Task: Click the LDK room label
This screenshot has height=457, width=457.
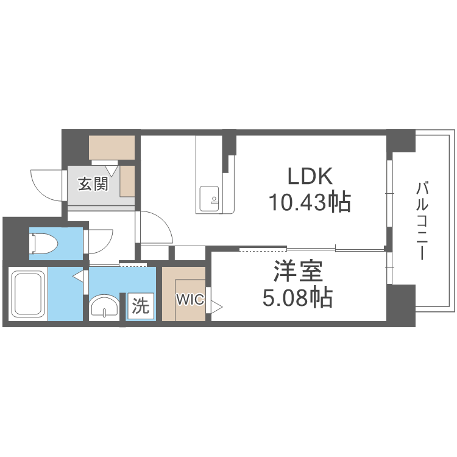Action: [x=310, y=177]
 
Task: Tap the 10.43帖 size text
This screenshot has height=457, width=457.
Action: [x=310, y=201]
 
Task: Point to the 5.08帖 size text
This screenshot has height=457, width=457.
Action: [x=297, y=297]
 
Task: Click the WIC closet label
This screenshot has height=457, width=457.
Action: [x=186, y=299]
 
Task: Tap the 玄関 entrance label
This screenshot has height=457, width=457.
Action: [x=93, y=183]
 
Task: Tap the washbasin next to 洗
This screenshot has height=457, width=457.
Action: [x=105, y=306]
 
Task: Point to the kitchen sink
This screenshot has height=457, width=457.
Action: [x=209, y=197]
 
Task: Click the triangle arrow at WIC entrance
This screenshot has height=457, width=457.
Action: [x=217, y=305]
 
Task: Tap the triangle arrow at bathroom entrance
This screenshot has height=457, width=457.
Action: [x=78, y=277]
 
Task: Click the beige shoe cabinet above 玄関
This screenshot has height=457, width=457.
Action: [x=112, y=147]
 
